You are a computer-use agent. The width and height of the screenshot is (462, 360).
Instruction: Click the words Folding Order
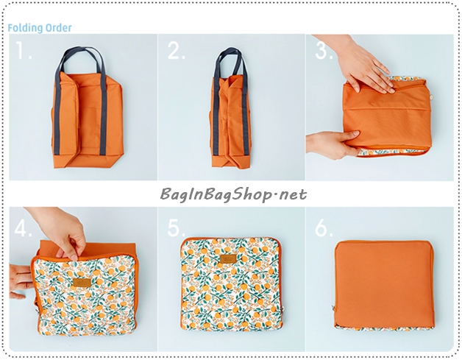click(x=40, y=28)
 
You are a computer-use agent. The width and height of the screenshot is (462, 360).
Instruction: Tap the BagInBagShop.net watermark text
click(x=233, y=194)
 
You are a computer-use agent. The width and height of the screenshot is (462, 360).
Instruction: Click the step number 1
click(x=23, y=50)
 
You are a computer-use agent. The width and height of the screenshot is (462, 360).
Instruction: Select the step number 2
click(x=177, y=50)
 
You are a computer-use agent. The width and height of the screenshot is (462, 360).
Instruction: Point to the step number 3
click(x=324, y=50)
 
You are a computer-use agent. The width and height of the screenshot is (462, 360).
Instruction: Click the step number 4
click(x=23, y=227)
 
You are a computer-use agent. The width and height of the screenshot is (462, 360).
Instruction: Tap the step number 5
click(x=177, y=227)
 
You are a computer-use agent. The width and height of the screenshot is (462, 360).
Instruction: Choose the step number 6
click(x=324, y=227)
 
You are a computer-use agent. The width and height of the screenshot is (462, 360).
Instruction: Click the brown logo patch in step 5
click(x=228, y=258)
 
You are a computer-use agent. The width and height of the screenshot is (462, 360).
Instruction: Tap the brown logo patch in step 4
click(x=82, y=283)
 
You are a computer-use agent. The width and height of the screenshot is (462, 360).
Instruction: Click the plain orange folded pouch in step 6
click(x=383, y=284)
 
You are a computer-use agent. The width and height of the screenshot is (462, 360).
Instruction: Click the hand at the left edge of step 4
click(x=21, y=281)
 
